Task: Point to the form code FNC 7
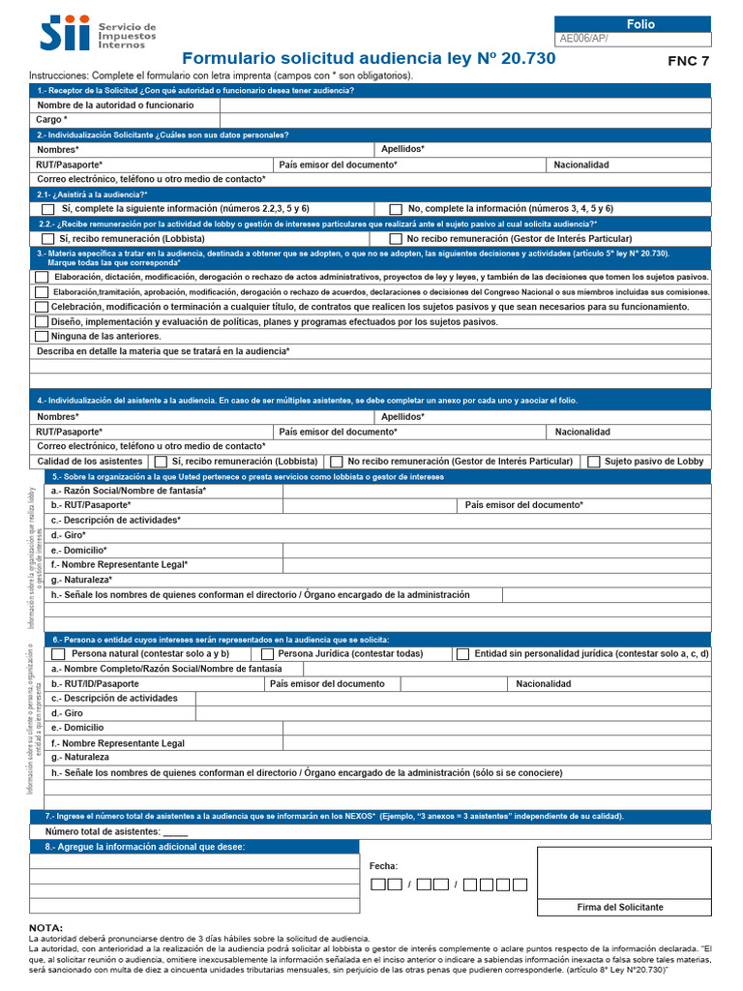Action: [x=688, y=61]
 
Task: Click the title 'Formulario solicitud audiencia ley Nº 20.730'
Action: [x=369, y=58]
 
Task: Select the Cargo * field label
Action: [x=52, y=119]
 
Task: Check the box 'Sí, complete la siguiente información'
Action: [x=47, y=209]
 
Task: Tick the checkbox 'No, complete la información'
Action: [x=395, y=209]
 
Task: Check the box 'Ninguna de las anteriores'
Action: [x=42, y=336]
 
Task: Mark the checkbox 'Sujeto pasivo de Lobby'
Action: [x=593, y=462]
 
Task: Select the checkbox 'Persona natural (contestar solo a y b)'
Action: [x=58, y=654]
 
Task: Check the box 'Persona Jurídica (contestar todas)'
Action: [x=267, y=654]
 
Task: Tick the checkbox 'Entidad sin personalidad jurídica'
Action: [x=462, y=654]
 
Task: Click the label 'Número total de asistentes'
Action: [x=103, y=831]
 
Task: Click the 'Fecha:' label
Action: [x=384, y=866]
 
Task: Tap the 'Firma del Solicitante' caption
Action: [x=620, y=907]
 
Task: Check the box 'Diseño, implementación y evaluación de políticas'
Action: [x=42, y=321]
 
